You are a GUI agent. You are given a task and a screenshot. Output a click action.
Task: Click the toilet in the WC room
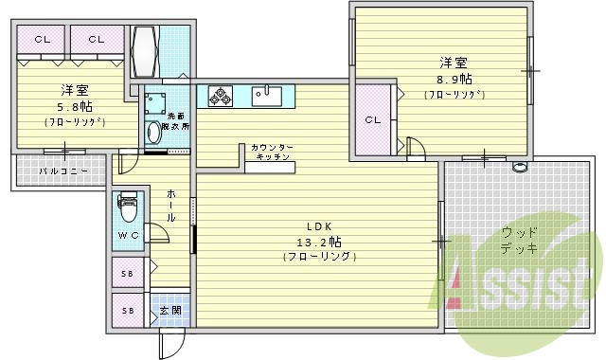click(x=128, y=204)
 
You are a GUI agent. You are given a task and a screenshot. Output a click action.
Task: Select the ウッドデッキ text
click(x=521, y=241)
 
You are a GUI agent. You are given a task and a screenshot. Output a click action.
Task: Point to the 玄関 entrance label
click(x=171, y=311)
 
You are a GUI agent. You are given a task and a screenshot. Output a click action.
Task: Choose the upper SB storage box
click(x=127, y=273)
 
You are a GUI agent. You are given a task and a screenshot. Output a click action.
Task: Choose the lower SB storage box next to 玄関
click(x=127, y=310)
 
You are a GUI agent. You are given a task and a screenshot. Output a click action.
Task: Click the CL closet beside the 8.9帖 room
click(x=373, y=119)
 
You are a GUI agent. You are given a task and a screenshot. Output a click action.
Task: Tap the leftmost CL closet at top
click(x=43, y=40)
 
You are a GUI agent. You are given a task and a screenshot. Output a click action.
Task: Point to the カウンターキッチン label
click(x=272, y=153)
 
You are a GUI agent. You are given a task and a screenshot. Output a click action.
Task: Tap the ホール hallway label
click(x=170, y=205)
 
